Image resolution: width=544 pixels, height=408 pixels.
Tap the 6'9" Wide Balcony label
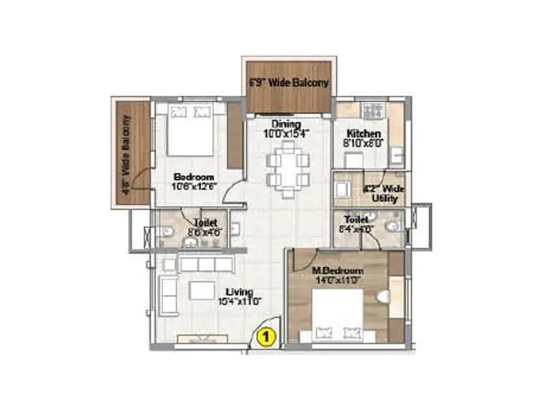click(x=288, y=83)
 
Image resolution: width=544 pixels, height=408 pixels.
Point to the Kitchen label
click(x=364, y=139)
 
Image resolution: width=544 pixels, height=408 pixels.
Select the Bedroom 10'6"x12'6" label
click(x=193, y=180)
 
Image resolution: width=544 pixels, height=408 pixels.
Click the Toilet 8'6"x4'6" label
click(x=205, y=226)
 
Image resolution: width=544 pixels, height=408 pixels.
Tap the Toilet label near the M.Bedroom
click(x=355, y=224)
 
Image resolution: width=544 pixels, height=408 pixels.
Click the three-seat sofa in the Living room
click(x=204, y=265)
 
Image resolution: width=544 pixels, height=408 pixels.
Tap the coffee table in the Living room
click(x=203, y=291)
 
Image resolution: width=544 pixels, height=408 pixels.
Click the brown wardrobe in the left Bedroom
click(x=235, y=135)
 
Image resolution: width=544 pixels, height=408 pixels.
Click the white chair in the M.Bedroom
click(x=383, y=297)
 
